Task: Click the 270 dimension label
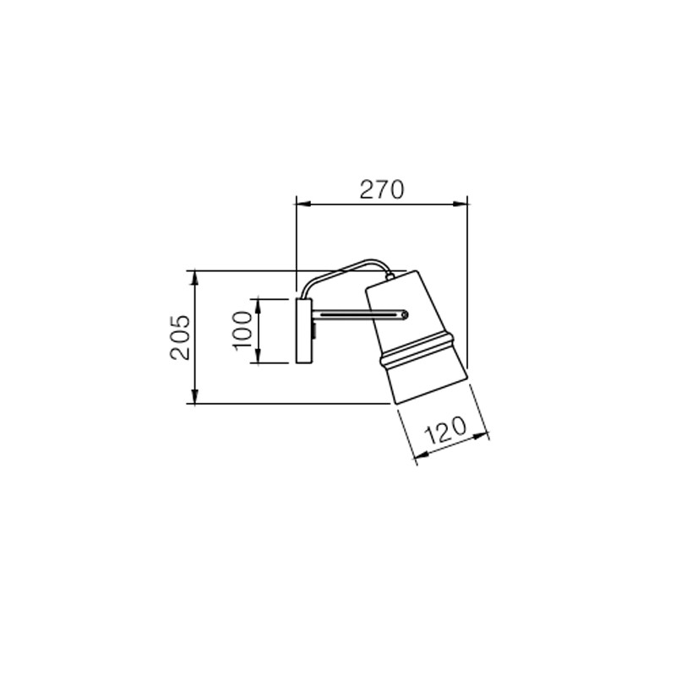382,189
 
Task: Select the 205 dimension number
180,337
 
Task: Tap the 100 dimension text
243,330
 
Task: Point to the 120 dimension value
445,430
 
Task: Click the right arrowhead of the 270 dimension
460,204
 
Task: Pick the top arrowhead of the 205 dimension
195,278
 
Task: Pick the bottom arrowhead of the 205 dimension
195,396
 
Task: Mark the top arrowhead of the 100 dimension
258,306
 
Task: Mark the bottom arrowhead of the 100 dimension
258,356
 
